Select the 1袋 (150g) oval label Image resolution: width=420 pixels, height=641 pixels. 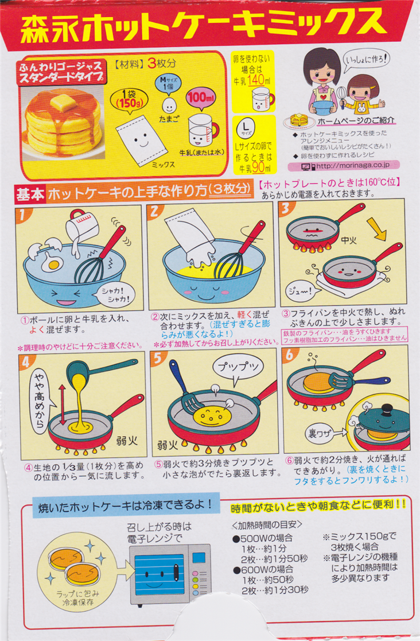(129, 100)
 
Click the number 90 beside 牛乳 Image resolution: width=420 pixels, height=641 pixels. (258, 167)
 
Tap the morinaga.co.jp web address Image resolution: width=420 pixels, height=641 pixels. (352, 166)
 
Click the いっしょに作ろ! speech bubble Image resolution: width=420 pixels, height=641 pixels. (365, 60)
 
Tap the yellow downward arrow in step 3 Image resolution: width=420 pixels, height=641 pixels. (376, 229)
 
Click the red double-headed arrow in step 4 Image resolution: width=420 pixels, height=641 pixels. (63, 405)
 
